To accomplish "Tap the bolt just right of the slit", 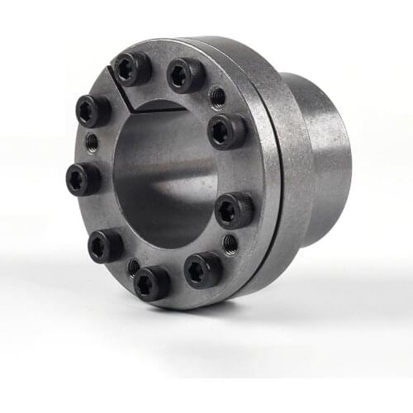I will (x=185, y=76).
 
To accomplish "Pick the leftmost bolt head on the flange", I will (x=83, y=178).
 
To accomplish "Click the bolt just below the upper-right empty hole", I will (x=225, y=130).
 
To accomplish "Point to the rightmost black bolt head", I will (x=234, y=209).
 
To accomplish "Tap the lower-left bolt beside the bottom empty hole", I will (x=107, y=245).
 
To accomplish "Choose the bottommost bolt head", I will (x=151, y=282).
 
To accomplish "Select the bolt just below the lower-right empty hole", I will (x=202, y=269).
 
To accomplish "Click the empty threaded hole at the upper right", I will (x=217, y=97).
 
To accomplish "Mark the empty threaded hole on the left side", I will (x=92, y=142).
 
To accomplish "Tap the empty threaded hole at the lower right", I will (x=230, y=244).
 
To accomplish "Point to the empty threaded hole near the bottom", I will (x=133, y=267).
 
